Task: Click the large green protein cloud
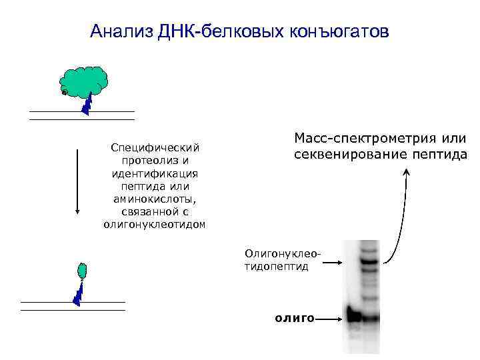(x=84, y=80)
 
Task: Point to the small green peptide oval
(x=83, y=271)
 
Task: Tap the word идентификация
(x=155, y=173)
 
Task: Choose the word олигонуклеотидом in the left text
(x=155, y=225)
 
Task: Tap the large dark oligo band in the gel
(x=356, y=315)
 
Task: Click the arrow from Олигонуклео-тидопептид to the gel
(x=329, y=265)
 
